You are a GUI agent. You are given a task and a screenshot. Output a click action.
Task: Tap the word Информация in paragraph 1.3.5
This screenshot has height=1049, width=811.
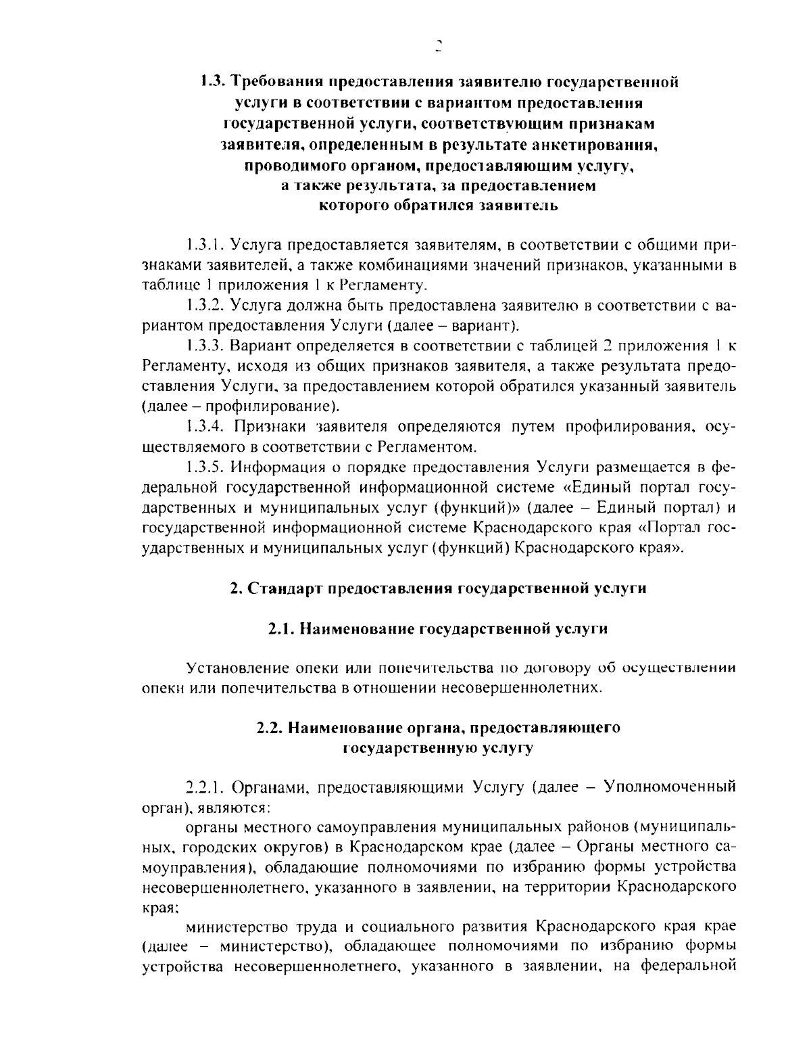277,467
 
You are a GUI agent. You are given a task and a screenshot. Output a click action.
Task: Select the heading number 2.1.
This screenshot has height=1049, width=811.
281,629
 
